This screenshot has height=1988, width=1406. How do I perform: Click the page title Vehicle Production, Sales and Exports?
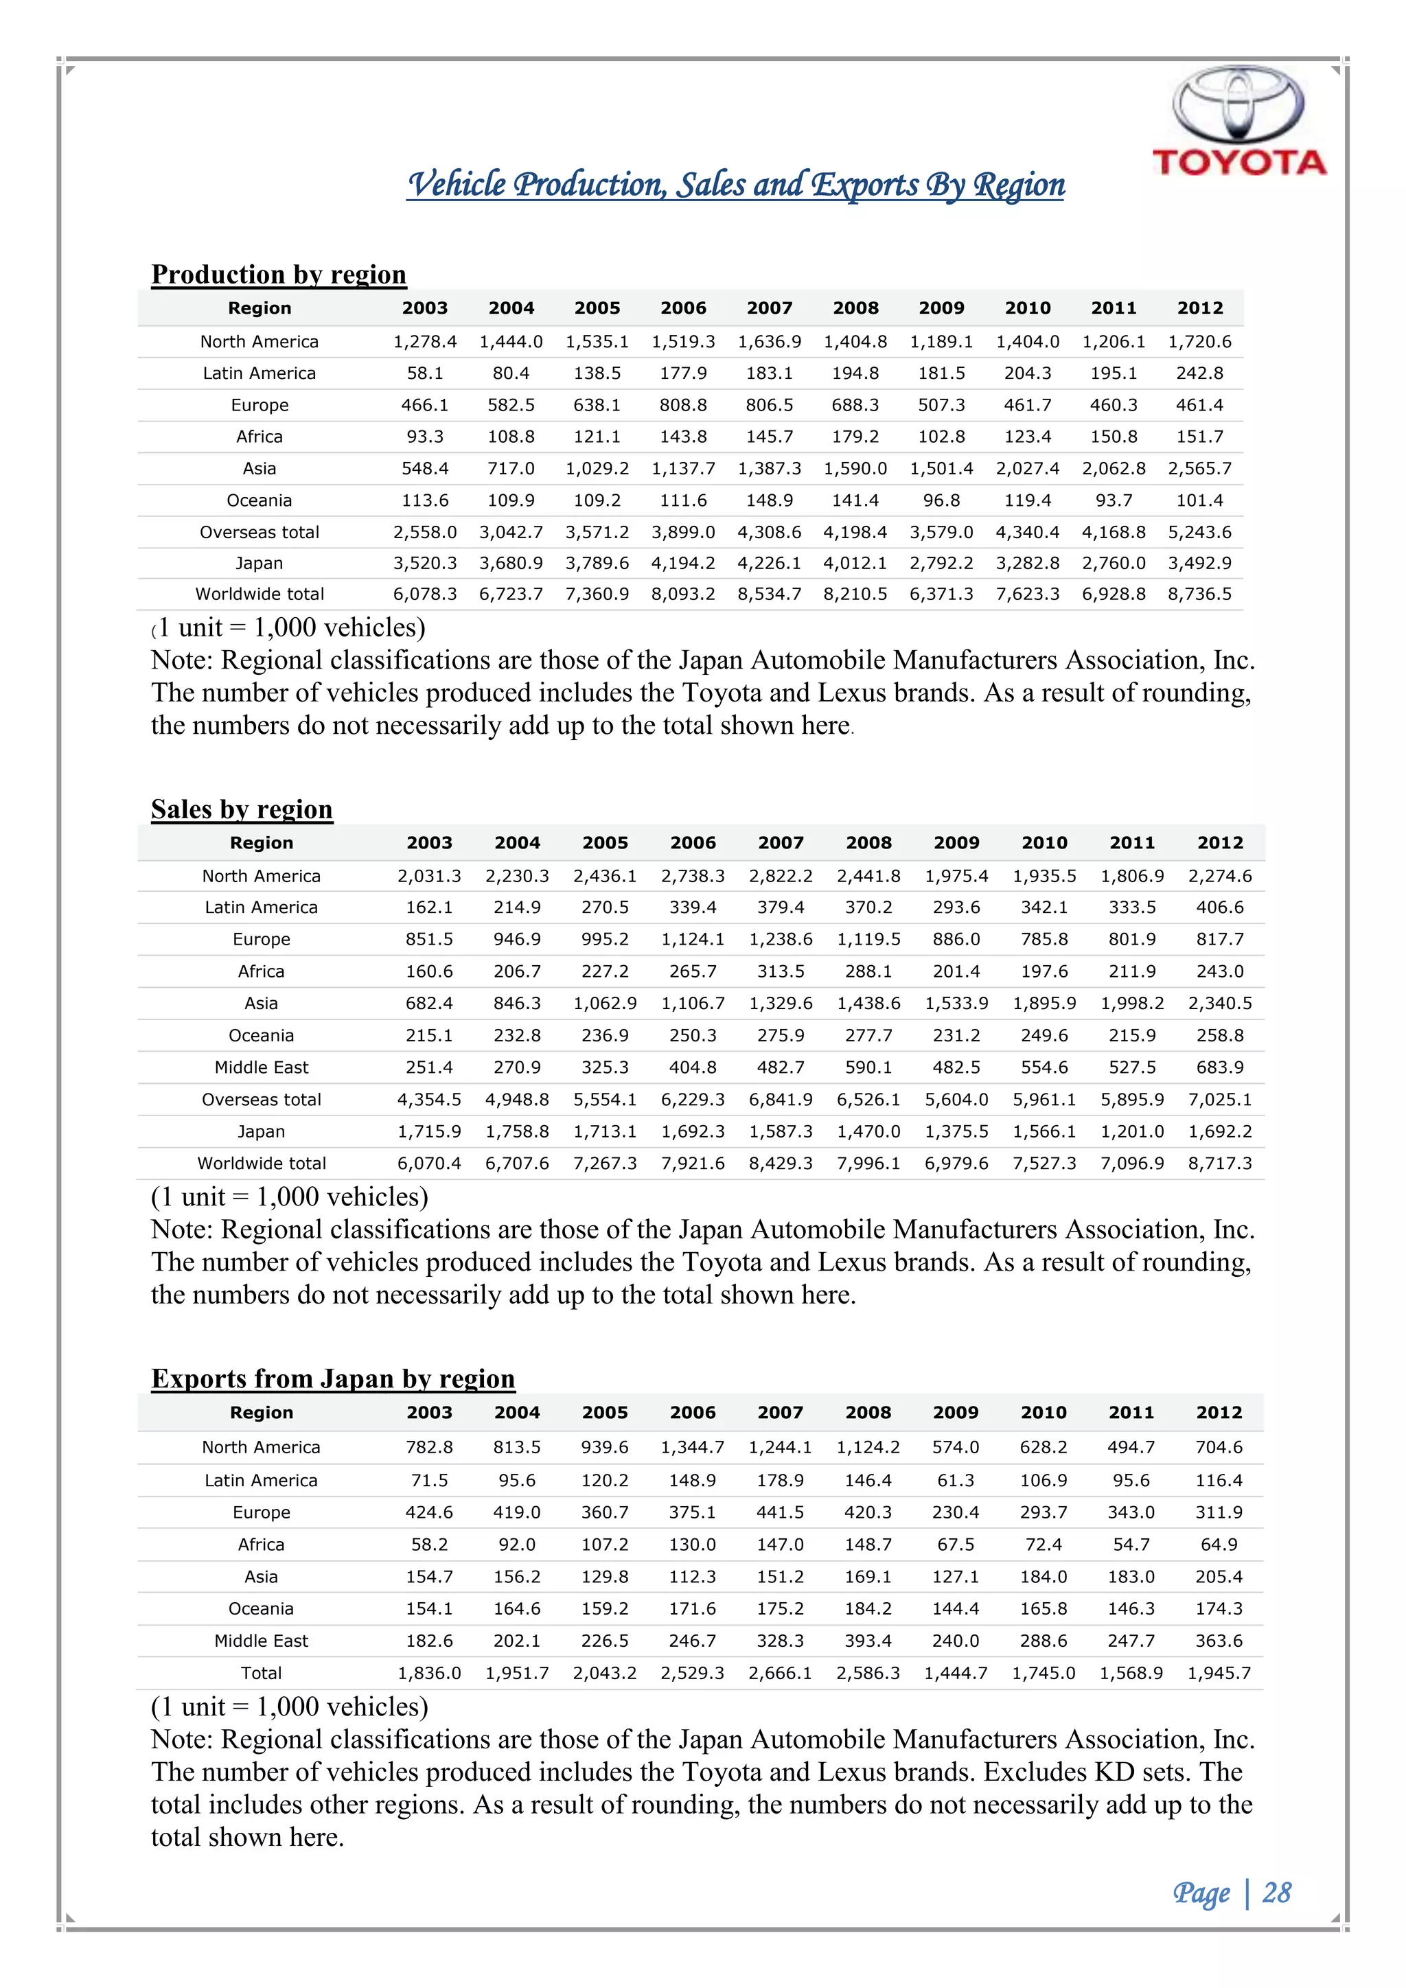pos(735,185)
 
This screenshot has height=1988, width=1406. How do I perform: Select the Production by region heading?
pos(278,275)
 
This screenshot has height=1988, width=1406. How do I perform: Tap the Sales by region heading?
pos(242,809)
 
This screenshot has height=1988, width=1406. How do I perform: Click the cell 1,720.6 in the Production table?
pos(1199,341)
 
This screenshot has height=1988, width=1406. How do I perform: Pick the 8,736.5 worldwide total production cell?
pos(1199,594)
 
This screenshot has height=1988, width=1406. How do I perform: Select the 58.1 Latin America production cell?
pos(424,373)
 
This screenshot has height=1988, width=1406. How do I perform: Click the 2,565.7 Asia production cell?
pos(1199,468)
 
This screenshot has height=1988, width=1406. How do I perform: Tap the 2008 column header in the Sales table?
pos(868,842)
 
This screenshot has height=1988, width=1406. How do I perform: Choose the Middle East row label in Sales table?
pos(262,1067)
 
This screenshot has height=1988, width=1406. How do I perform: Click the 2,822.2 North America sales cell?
pos(780,875)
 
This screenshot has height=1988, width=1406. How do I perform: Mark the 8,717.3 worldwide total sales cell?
pos(1219,1163)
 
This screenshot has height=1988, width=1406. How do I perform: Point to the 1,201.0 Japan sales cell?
pos(1131,1131)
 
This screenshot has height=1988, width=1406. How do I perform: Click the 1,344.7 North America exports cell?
pos(692,1447)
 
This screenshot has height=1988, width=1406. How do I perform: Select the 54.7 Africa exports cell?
pos(1131,1544)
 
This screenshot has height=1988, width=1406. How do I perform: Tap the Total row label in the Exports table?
pos(262,1673)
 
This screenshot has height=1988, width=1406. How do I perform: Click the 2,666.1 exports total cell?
pos(779,1673)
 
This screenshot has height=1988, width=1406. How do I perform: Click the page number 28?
pos(1276,1893)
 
